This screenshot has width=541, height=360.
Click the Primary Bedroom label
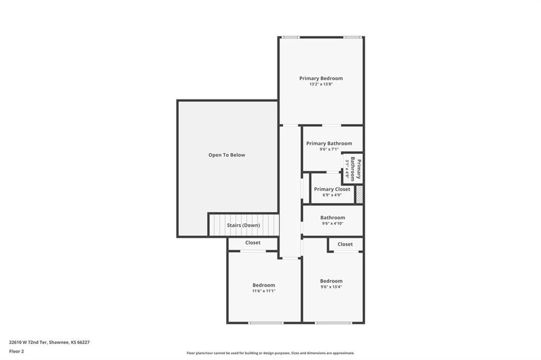pos(321,78)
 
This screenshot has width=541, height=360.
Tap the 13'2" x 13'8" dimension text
pos(321,84)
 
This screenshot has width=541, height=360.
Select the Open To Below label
pos(227,155)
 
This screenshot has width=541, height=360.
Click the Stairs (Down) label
pos(243,225)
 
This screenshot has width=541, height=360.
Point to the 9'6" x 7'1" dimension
pos(329,149)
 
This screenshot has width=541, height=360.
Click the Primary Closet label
pos(332,190)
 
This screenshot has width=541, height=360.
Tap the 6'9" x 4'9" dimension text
pos(332,195)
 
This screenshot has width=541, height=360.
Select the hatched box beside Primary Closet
pos(359,194)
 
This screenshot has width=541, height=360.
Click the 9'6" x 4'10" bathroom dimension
pos(333,223)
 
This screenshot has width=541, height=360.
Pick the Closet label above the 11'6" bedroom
pos(253,243)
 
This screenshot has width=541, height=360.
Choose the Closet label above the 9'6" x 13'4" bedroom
pos(345,244)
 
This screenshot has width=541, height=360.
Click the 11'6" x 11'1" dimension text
pos(264,291)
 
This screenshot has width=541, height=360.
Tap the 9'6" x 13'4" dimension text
pos(331,287)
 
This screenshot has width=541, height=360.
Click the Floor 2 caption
pos(16,352)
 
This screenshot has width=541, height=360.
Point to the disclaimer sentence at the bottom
pos(270,353)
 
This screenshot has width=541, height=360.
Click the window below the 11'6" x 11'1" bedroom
pos(266,323)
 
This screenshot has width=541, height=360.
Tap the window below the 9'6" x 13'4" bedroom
pos(333,323)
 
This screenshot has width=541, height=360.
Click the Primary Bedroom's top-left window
pos(291,37)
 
